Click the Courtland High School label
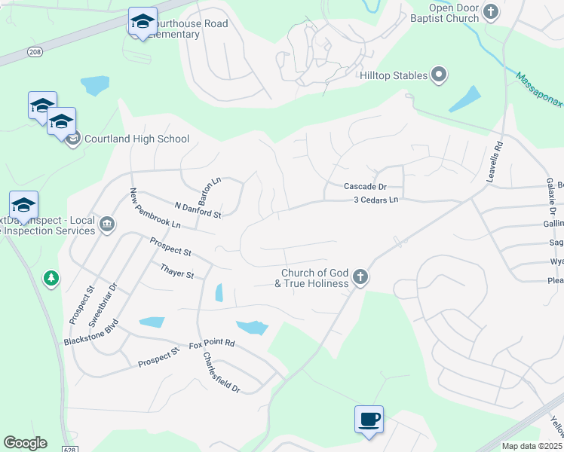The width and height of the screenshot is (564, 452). tap(136, 139)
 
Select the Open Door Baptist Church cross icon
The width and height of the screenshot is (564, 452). tap(492, 11)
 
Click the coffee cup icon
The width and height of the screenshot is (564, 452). tap(369, 419)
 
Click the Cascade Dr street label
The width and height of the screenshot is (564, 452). tap(365, 186)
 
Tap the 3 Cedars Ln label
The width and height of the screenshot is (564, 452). tap(375, 200)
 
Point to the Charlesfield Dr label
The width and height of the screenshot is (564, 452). tap(221, 374)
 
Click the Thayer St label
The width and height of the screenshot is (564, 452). tap(177, 270)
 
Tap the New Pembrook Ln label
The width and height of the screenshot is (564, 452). tap(155, 209)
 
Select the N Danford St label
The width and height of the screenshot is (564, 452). tap(198, 210)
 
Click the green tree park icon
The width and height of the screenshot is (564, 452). tap(51, 279)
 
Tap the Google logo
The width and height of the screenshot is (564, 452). tap(25, 443)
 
